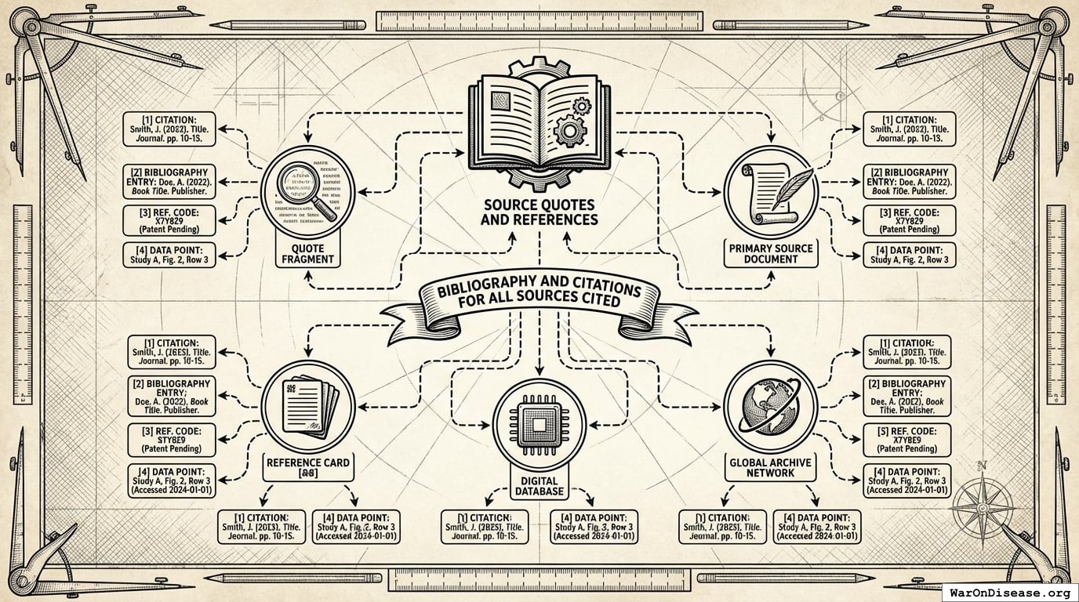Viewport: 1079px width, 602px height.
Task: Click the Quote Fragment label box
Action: [x=308, y=254]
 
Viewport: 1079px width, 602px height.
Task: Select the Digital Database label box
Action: [x=539, y=486]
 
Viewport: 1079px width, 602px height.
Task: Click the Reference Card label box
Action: [x=308, y=468]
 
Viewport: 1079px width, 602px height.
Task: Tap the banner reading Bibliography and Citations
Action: [x=539, y=301]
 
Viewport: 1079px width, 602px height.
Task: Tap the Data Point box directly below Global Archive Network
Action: [x=816, y=528]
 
